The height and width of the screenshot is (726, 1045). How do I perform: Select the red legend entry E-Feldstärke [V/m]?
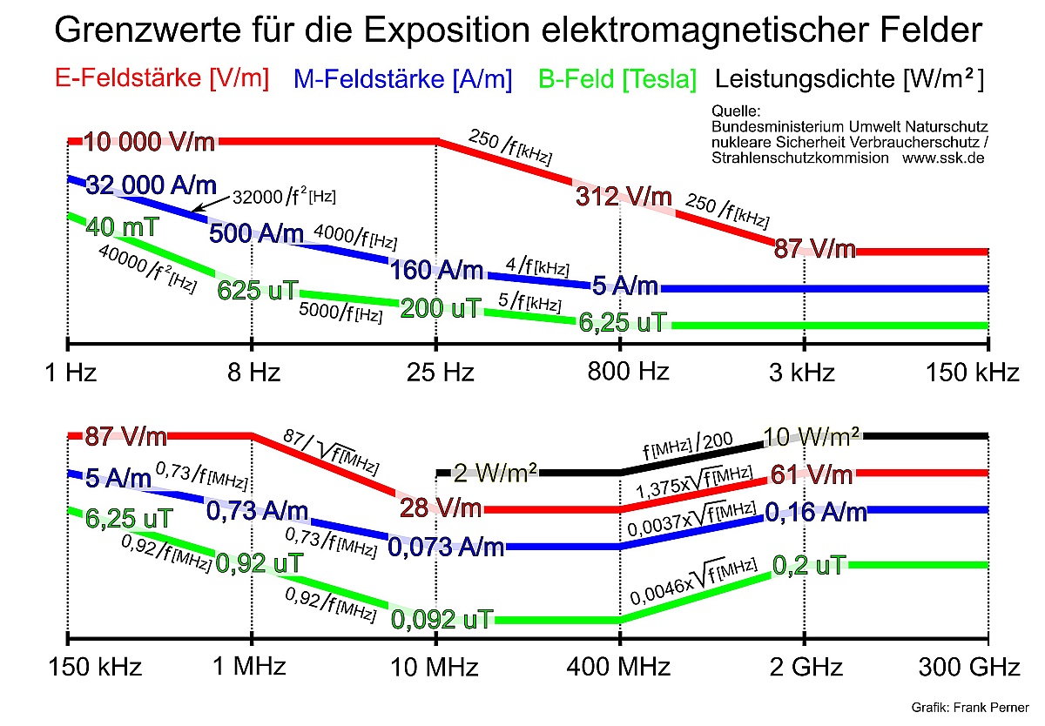162,77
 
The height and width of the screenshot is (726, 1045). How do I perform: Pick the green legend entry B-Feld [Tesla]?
617,79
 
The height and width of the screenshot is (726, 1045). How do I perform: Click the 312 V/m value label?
624,197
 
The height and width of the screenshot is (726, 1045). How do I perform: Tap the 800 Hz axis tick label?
629,373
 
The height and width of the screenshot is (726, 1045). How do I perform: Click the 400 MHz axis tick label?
619,669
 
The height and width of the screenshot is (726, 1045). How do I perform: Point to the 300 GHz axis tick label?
969,669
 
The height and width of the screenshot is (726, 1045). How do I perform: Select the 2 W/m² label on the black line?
495,472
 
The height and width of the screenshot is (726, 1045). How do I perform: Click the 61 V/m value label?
812,474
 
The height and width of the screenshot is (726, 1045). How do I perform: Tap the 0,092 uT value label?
442,620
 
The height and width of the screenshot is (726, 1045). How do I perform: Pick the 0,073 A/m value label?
446,547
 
